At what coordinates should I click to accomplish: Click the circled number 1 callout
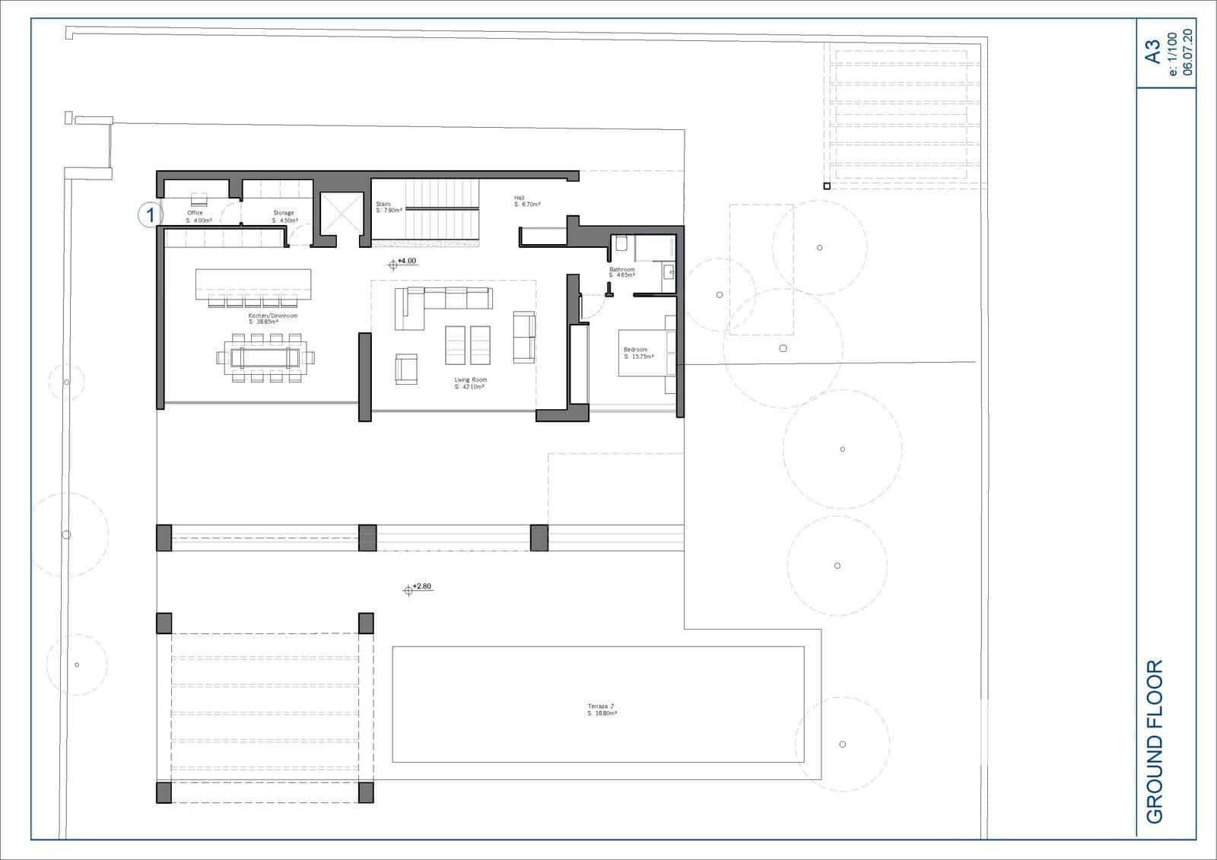[150, 215]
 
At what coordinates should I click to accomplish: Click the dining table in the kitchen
[265, 357]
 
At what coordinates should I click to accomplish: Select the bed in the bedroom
[647, 354]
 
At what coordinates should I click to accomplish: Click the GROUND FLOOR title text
[1154, 741]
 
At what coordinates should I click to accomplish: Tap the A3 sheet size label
[1153, 52]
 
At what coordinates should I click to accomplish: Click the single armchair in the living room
[406, 369]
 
